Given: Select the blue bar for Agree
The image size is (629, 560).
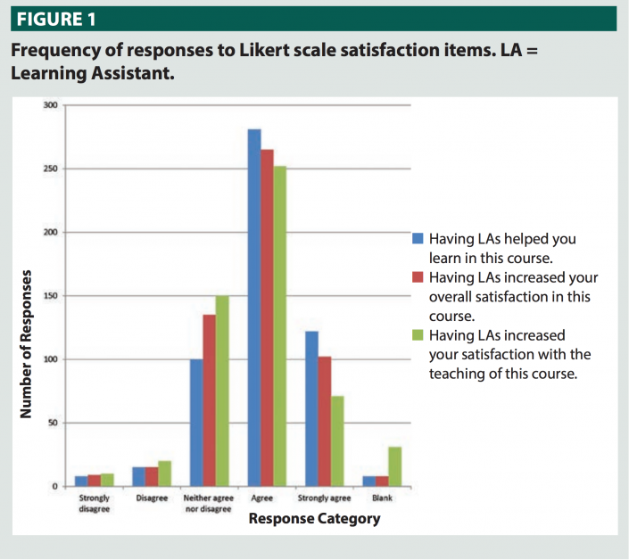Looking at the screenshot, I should tap(254, 308).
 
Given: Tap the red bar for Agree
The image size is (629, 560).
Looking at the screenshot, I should tap(268, 317).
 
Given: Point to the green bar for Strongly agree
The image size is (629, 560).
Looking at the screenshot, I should tap(337, 441).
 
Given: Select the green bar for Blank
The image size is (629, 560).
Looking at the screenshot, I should tap(394, 466).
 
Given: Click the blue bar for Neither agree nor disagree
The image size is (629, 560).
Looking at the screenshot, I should tap(196, 423).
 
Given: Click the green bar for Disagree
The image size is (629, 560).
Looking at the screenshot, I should tap(164, 474).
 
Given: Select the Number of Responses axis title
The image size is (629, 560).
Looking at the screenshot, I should tap(26, 343).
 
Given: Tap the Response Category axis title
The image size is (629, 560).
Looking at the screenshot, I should tap(313, 518).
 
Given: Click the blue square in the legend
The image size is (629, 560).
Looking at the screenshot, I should tap(417, 239).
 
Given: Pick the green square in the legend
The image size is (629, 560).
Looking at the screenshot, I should tap(417, 335).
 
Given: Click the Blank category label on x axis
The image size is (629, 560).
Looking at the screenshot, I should tap(382, 498).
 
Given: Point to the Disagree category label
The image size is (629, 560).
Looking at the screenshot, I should tap(153, 498).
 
